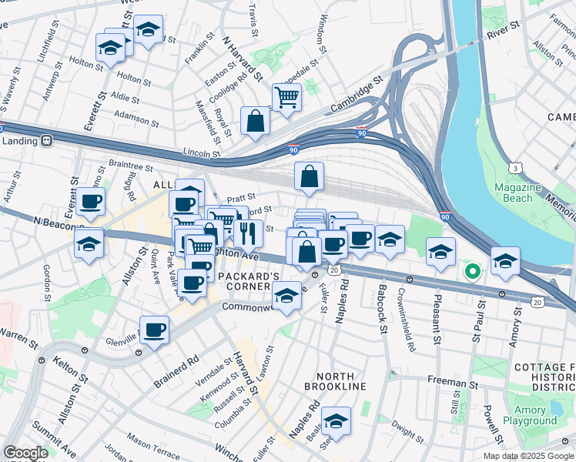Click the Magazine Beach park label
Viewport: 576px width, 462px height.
(513, 192)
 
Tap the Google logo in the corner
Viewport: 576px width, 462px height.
(25, 453)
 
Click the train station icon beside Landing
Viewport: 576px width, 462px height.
(47, 140)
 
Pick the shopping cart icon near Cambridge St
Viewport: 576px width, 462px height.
(286, 98)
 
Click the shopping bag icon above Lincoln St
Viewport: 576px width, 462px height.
(255, 121)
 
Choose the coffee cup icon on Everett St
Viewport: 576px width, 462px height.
(90, 203)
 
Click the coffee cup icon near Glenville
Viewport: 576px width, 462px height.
(155, 330)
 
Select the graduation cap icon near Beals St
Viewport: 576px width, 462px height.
(336, 421)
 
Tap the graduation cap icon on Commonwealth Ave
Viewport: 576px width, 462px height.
(286, 295)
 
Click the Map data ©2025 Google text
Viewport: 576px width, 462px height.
(527, 456)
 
